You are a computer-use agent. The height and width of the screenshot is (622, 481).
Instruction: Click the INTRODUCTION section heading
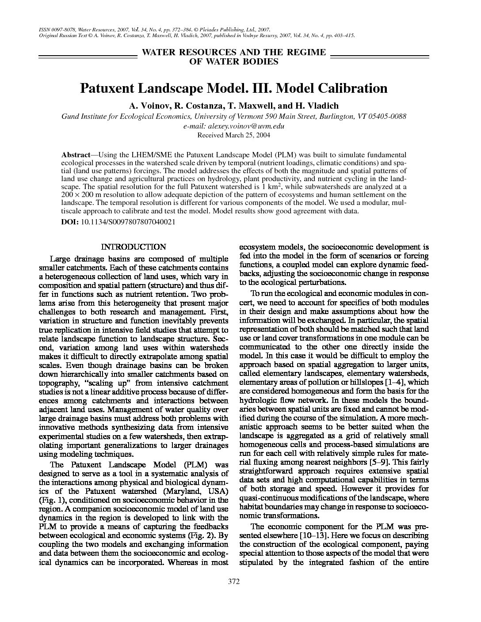coord(134,247)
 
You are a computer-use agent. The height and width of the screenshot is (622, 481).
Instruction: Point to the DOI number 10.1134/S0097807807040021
coord(128,222)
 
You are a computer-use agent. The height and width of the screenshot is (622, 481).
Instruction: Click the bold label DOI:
coord(70,222)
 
